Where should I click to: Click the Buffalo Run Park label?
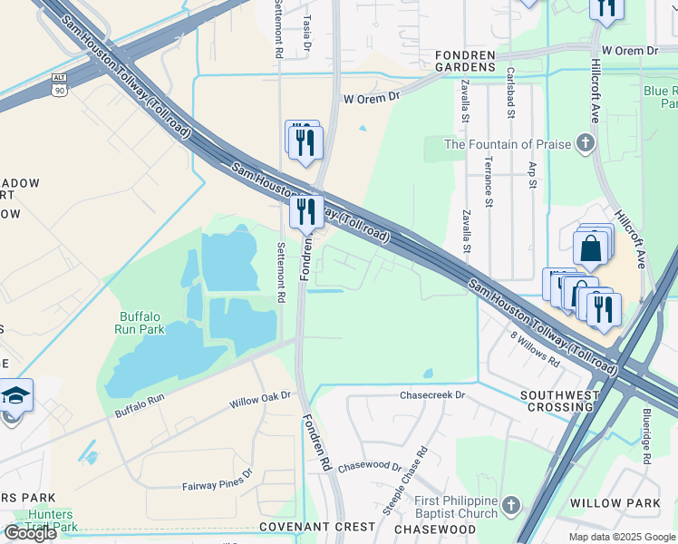coord(141,323)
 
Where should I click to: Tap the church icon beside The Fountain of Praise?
coord(586,143)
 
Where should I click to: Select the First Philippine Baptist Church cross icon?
coord(511,504)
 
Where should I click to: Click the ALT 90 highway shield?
coord(59,84)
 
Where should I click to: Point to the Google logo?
coord(30,532)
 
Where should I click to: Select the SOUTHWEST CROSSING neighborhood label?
coord(560,403)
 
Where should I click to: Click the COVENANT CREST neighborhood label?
coord(317,526)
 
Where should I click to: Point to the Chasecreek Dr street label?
coord(432,395)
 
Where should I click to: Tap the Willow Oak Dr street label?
coord(259,396)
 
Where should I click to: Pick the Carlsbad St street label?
coord(511,93)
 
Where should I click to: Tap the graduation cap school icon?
coord(15,396)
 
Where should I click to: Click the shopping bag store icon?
coord(589,248)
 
